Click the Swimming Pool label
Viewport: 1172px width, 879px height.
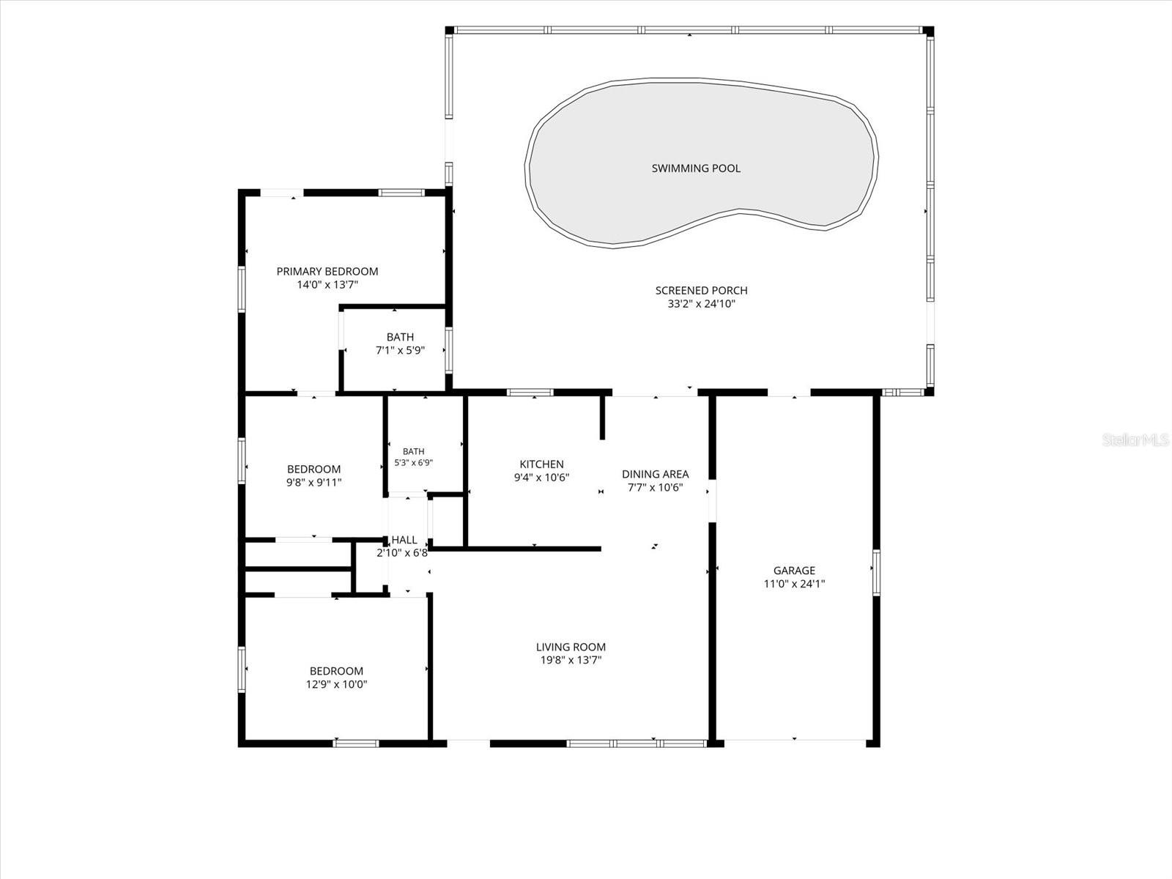click(696, 168)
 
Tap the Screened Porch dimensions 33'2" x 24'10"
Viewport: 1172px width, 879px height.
click(701, 304)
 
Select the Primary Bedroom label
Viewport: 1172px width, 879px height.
click(327, 272)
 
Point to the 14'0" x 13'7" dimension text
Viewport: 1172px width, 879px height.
click(327, 285)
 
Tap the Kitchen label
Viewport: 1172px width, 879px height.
click(541, 464)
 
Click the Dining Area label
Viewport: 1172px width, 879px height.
click(655, 474)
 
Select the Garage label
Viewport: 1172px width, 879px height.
click(794, 571)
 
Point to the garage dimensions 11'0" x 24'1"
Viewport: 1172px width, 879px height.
click(794, 584)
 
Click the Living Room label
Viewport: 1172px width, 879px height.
click(571, 647)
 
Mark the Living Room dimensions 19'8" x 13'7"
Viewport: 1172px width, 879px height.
click(571, 660)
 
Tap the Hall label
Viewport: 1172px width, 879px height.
click(404, 540)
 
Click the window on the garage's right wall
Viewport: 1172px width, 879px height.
click(876, 573)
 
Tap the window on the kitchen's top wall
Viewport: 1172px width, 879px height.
click(530, 393)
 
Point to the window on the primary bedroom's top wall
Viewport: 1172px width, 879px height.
click(401, 193)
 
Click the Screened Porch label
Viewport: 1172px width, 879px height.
click(701, 291)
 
